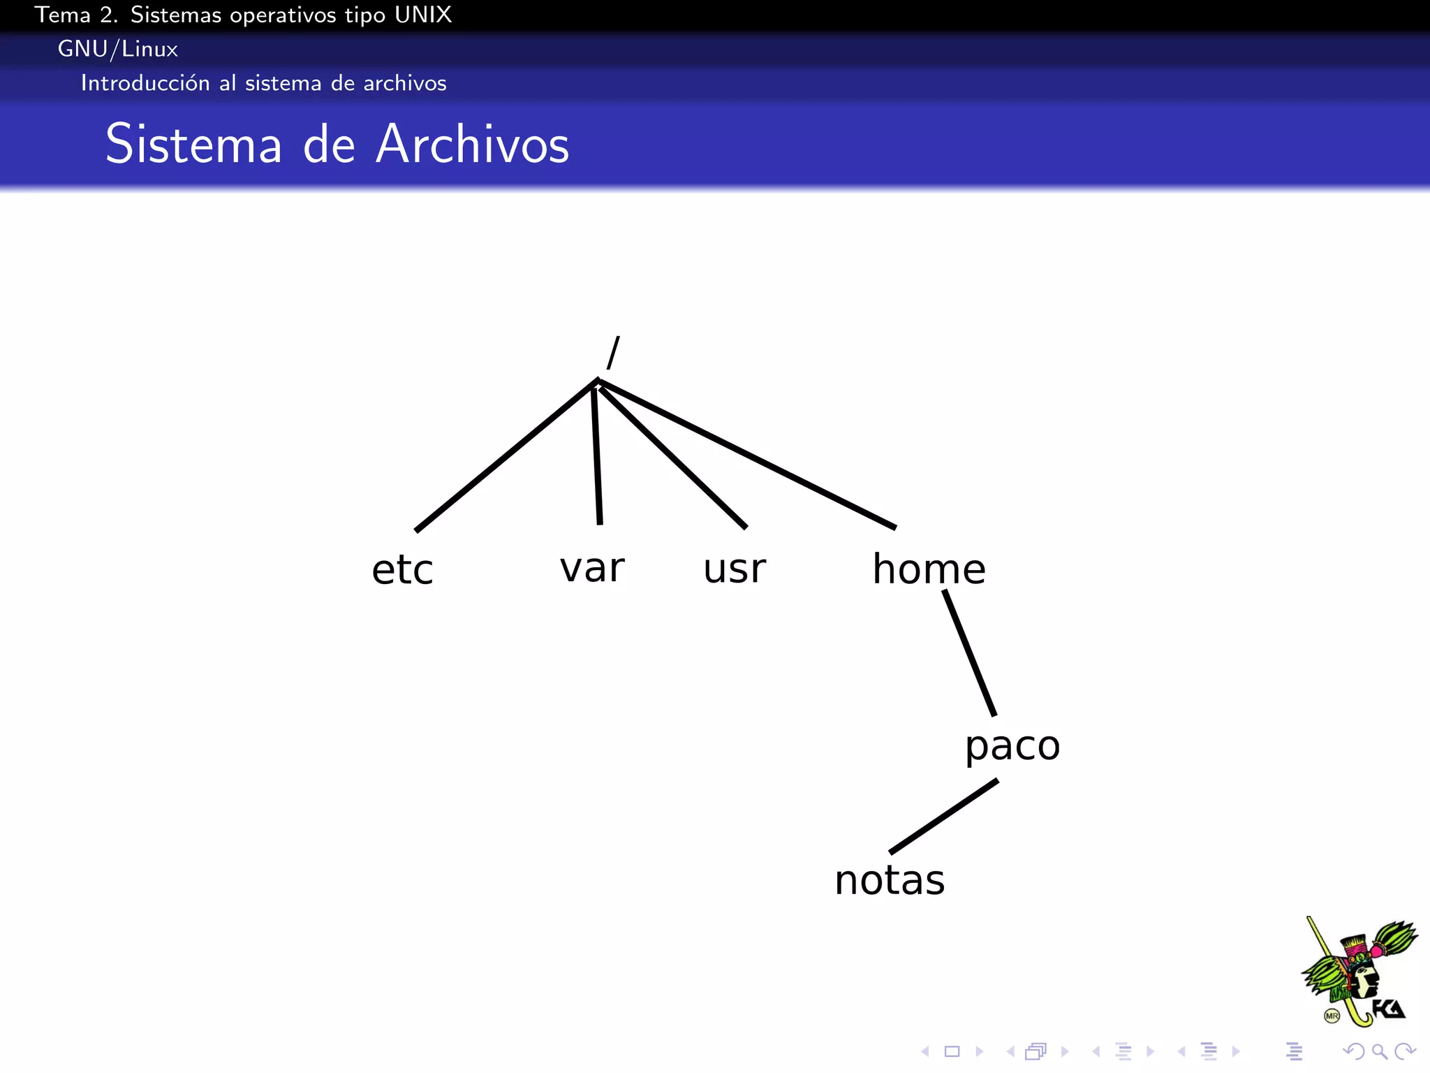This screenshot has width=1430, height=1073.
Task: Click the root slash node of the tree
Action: click(x=613, y=353)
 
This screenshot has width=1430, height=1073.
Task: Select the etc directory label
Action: click(x=402, y=569)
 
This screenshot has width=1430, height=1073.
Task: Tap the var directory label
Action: click(x=592, y=567)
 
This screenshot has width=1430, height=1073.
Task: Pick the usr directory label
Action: click(x=735, y=569)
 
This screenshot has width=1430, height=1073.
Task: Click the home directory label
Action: click(x=929, y=569)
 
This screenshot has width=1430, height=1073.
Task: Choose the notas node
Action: click(x=890, y=880)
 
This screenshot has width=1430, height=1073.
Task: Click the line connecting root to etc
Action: click(x=506, y=455)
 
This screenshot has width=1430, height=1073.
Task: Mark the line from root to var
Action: click(x=597, y=454)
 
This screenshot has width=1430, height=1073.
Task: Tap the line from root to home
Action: click(x=747, y=454)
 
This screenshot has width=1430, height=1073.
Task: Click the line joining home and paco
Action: click(x=969, y=652)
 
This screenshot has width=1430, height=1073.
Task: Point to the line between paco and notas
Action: click(x=943, y=817)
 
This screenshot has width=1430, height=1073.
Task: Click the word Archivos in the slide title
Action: click(x=473, y=144)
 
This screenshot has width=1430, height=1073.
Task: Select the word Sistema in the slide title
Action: click(x=193, y=144)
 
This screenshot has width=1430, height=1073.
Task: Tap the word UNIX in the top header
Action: click(x=423, y=15)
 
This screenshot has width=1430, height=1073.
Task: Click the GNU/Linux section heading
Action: click(x=118, y=49)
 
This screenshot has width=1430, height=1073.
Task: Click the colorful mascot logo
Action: click(x=1358, y=972)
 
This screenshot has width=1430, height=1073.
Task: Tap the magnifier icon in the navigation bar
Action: click(x=1379, y=1051)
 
